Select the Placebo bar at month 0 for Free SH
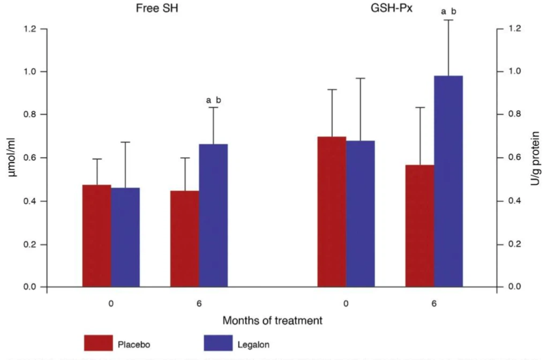coord(96,236)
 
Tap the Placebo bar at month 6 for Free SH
coord(185,239)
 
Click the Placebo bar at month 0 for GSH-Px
coord(332,212)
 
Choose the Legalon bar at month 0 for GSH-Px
coord(360,214)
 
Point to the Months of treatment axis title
coord(273,320)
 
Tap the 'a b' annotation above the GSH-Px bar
coord(448,10)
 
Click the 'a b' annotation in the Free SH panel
coord(213,100)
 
